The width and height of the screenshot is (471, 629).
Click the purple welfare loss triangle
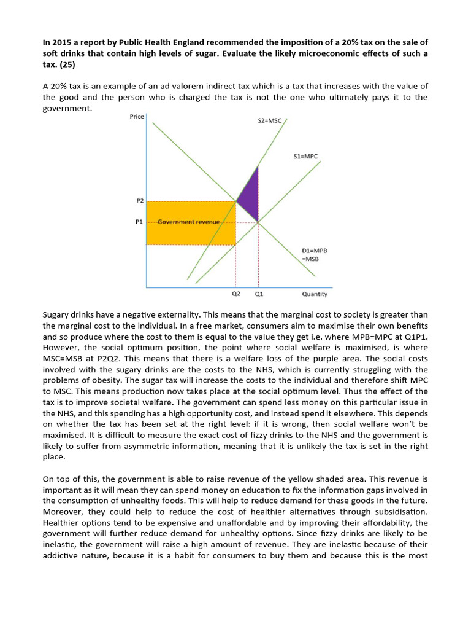coord(248,195)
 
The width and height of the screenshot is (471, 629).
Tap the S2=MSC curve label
coord(269,120)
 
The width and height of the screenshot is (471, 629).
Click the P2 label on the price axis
coord(139,200)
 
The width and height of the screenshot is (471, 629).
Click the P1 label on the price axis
coord(139,222)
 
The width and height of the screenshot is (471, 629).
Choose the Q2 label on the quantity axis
coord(236,294)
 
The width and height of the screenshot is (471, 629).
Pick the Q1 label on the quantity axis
coord(259,294)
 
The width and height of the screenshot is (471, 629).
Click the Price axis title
coord(137,117)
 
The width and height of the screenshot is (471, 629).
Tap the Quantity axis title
coord(315,294)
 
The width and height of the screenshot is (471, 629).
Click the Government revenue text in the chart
coord(188,222)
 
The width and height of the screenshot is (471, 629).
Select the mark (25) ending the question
coord(64,64)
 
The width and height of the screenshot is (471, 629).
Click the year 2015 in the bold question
coord(61,42)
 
